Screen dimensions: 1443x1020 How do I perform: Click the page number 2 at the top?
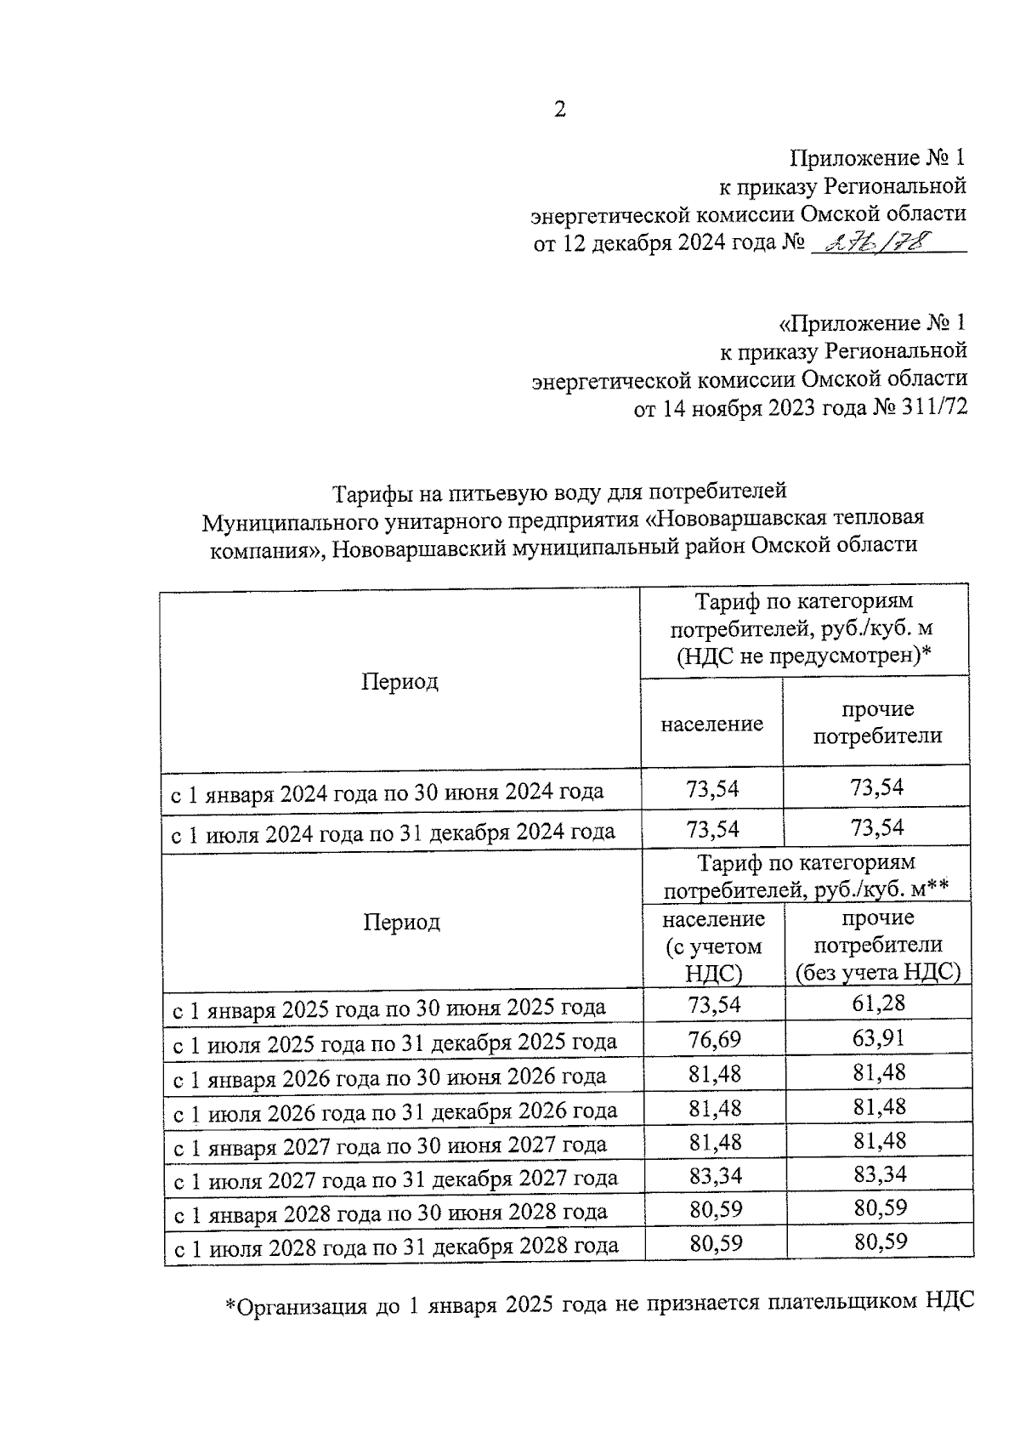[x=559, y=110]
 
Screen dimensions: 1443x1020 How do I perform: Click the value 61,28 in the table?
[x=878, y=1003]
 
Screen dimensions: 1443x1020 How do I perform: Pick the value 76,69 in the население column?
[x=714, y=1038]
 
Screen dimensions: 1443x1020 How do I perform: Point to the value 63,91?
[x=878, y=1038]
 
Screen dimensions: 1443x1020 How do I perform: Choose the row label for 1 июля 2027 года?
[x=395, y=1179]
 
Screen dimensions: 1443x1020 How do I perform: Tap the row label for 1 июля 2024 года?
[x=394, y=832]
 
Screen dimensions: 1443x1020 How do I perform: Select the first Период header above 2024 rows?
[x=399, y=681]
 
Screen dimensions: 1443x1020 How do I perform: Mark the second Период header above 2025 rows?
[x=401, y=922]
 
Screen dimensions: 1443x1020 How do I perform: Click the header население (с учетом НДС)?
[x=713, y=945]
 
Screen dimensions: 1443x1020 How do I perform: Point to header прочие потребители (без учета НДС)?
[x=877, y=945]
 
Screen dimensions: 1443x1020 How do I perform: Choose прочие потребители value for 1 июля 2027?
[x=880, y=1174]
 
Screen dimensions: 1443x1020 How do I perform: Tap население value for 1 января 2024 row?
[x=712, y=788]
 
